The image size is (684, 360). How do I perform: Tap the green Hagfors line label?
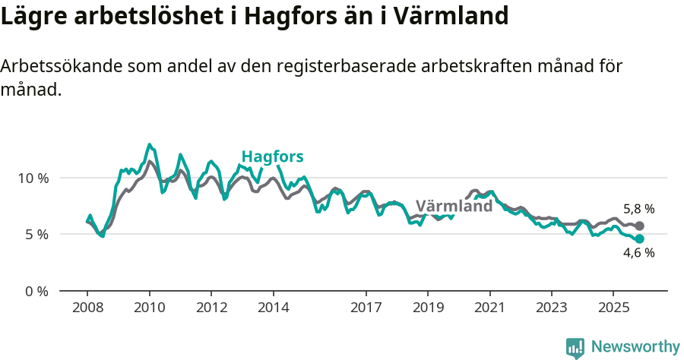[x=272, y=157]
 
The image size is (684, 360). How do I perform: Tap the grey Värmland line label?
[x=454, y=206]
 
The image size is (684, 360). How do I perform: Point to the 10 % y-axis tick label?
[x=33, y=178]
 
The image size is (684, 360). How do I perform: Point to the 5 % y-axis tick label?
[x=37, y=234]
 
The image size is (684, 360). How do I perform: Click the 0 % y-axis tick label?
[x=37, y=290]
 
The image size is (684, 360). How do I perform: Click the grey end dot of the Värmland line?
[x=640, y=226]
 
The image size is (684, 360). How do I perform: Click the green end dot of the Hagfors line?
[x=640, y=238]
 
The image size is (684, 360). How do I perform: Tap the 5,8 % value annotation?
[x=638, y=209]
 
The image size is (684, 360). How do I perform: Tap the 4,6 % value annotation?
[x=638, y=254]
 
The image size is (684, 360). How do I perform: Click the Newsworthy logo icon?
[x=575, y=348]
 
